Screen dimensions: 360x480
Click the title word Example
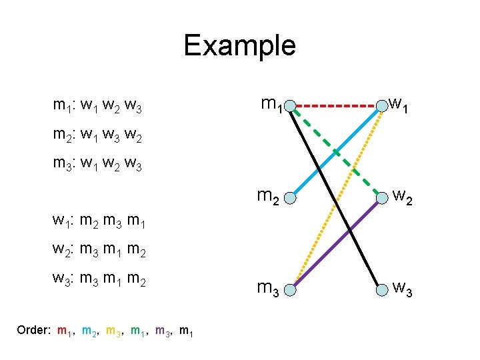coord(239,45)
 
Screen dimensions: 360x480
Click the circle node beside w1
coord(382,105)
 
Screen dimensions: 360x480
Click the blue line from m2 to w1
coord(353,134)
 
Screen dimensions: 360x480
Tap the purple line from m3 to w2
coord(347,233)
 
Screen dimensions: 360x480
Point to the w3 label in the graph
coord(403,289)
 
